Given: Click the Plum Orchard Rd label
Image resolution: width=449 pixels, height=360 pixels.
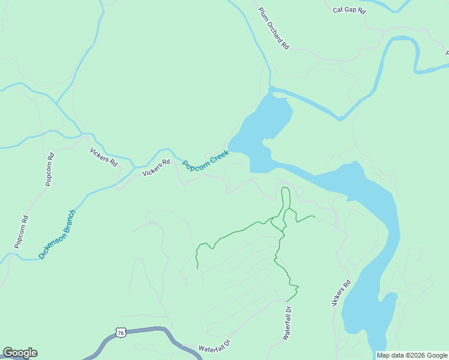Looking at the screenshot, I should [x=274, y=28].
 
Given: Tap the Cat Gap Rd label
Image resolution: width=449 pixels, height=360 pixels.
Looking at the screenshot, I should [x=349, y=10].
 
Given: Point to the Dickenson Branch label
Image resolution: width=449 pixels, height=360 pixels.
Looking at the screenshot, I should [x=58, y=234].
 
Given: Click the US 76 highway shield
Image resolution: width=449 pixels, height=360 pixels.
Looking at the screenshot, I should [x=121, y=332].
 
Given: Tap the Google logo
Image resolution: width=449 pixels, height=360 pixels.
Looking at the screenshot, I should [x=20, y=353].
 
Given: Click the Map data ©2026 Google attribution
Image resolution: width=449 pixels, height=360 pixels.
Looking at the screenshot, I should [x=412, y=355].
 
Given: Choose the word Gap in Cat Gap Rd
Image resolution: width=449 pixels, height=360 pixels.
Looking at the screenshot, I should [x=350, y=10].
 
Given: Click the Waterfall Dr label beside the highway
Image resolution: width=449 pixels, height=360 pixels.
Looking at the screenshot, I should [x=215, y=348].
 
